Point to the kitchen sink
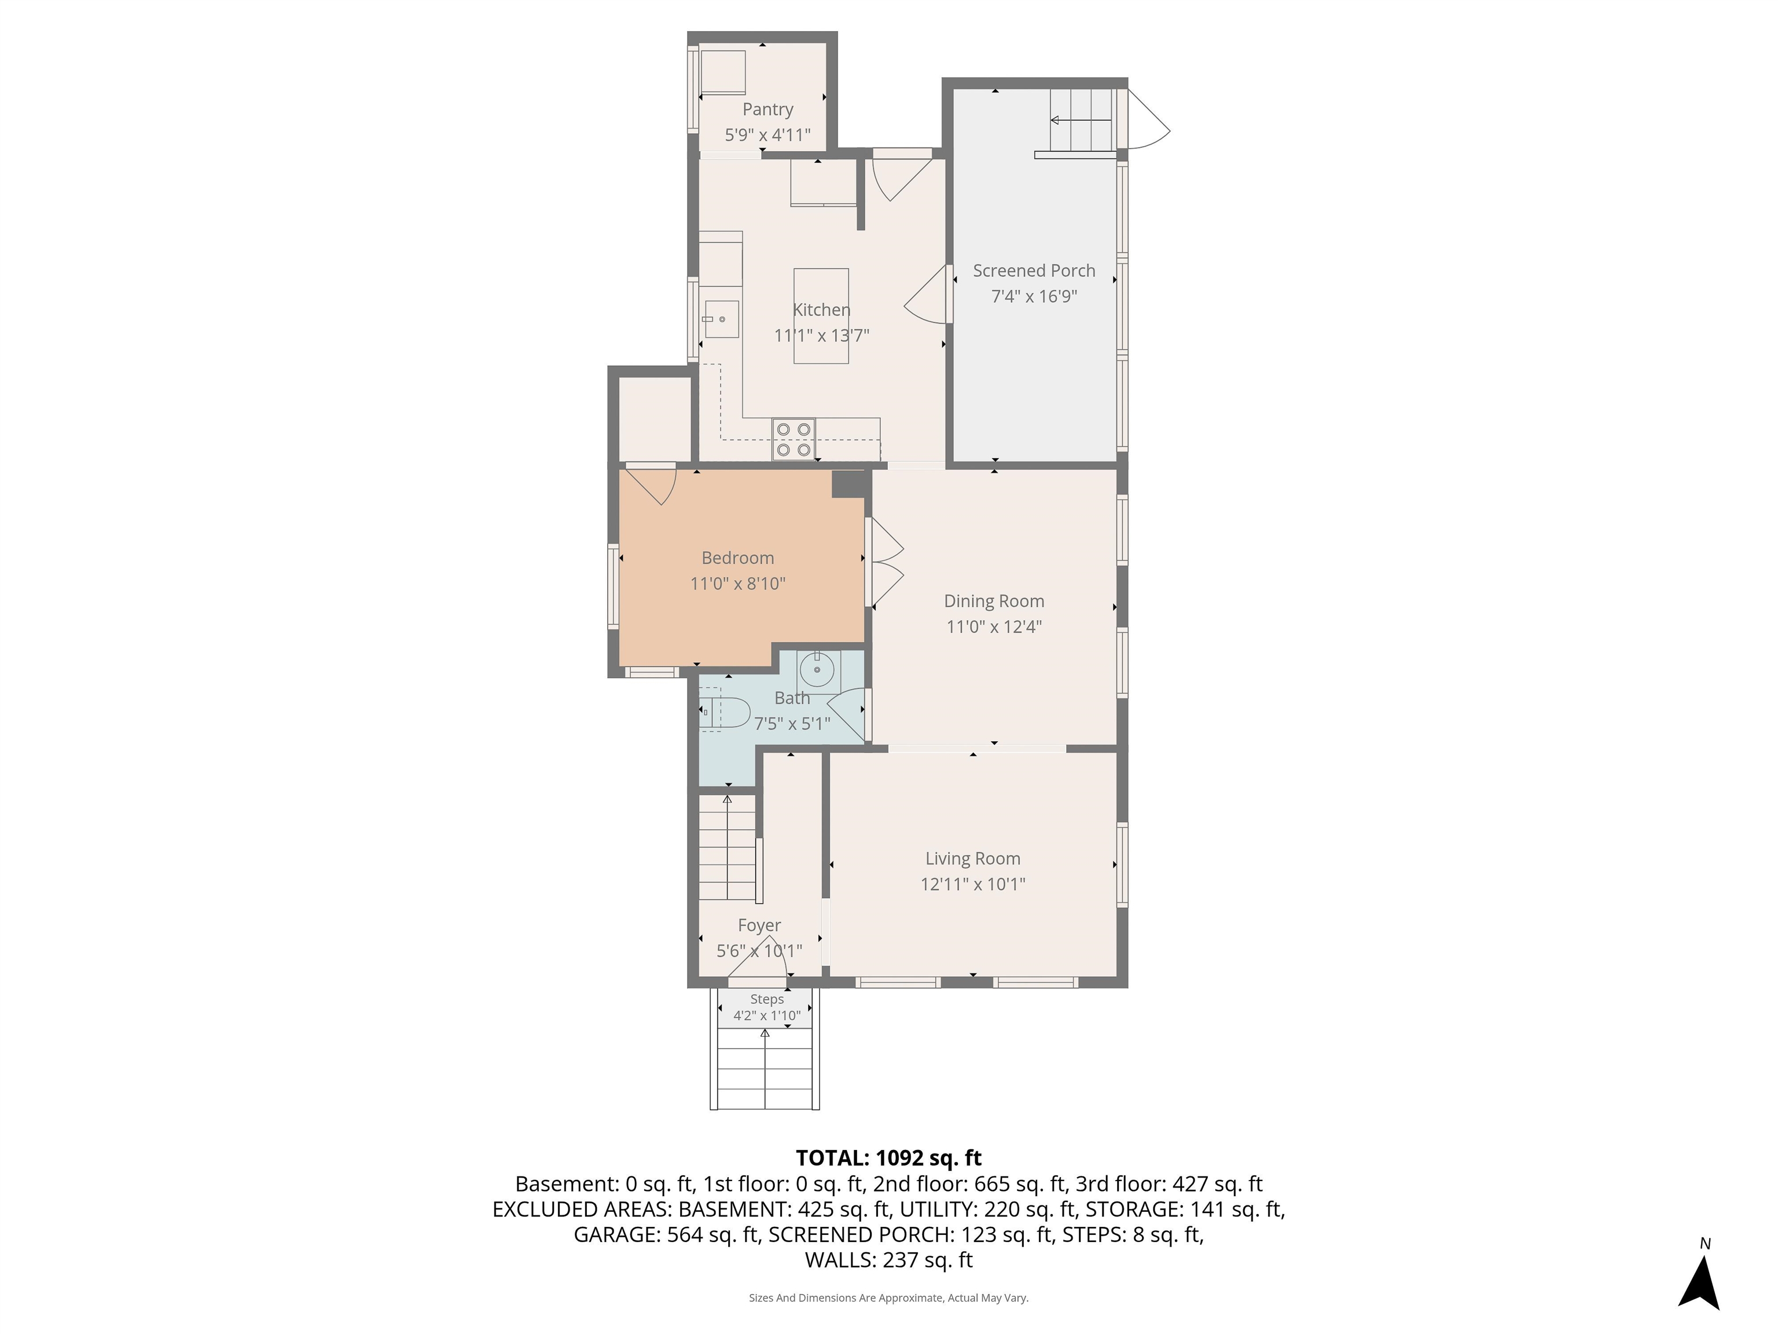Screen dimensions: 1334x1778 [x=721, y=319]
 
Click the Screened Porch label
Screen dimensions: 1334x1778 [x=1033, y=271]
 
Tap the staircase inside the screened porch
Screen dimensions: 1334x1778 [x=1081, y=120]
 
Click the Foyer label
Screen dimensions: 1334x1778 [x=759, y=925]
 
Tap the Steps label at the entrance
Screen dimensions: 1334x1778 [x=766, y=999]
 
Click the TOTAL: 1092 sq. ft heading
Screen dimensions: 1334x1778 [x=888, y=1158]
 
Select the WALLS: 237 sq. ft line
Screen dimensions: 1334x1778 [x=888, y=1260]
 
